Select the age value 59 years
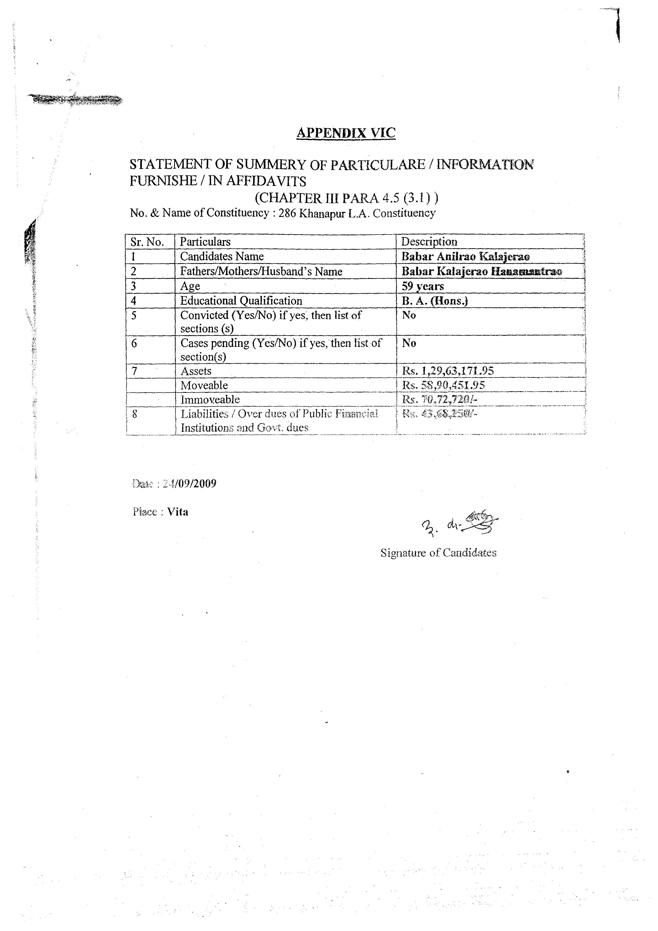point(423,286)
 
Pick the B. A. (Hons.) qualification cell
point(435,301)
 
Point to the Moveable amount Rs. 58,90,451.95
point(443,385)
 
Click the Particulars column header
point(205,242)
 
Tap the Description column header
point(429,242)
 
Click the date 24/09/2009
point(189,483)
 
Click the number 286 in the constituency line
point(287,213)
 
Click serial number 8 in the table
point(134,414)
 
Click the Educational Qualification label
point(241,301)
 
